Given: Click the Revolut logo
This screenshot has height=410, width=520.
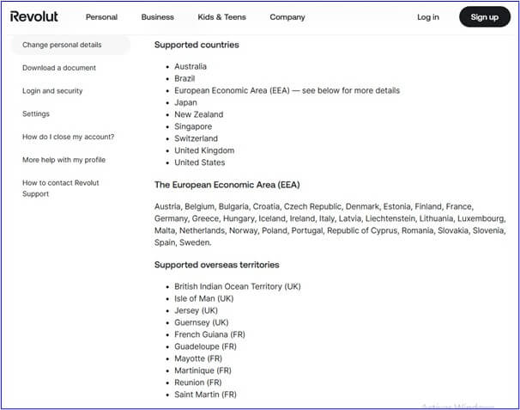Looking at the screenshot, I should [34, 16].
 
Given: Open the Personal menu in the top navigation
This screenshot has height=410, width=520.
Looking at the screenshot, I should [101, 17].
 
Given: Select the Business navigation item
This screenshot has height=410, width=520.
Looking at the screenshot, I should [157, 17].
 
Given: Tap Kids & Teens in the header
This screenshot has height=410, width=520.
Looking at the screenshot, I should [221, 17].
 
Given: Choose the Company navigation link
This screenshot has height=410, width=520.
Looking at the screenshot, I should [287, 17].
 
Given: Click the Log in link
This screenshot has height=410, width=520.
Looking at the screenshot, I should [427, 17].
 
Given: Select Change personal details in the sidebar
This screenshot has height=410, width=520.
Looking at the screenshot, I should [62, 45].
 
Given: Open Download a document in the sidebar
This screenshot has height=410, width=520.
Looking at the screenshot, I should [59, 68].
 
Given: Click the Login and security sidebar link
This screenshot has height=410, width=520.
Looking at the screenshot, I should [52, 91].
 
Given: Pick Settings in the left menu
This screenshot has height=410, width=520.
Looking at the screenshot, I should [36, 113].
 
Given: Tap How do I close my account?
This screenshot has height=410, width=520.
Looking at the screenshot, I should [68, 137].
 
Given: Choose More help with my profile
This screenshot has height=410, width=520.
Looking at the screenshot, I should [63, 160].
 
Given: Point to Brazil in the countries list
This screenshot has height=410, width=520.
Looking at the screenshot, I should [186, 78].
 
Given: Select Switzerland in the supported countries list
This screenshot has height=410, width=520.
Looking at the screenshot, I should [196, 138].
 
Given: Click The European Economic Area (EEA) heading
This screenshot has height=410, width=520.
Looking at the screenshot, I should [227, 185].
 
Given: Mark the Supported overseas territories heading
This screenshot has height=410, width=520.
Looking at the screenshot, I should [216, 265].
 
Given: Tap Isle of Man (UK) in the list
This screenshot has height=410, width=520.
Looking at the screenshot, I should [203, 298].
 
